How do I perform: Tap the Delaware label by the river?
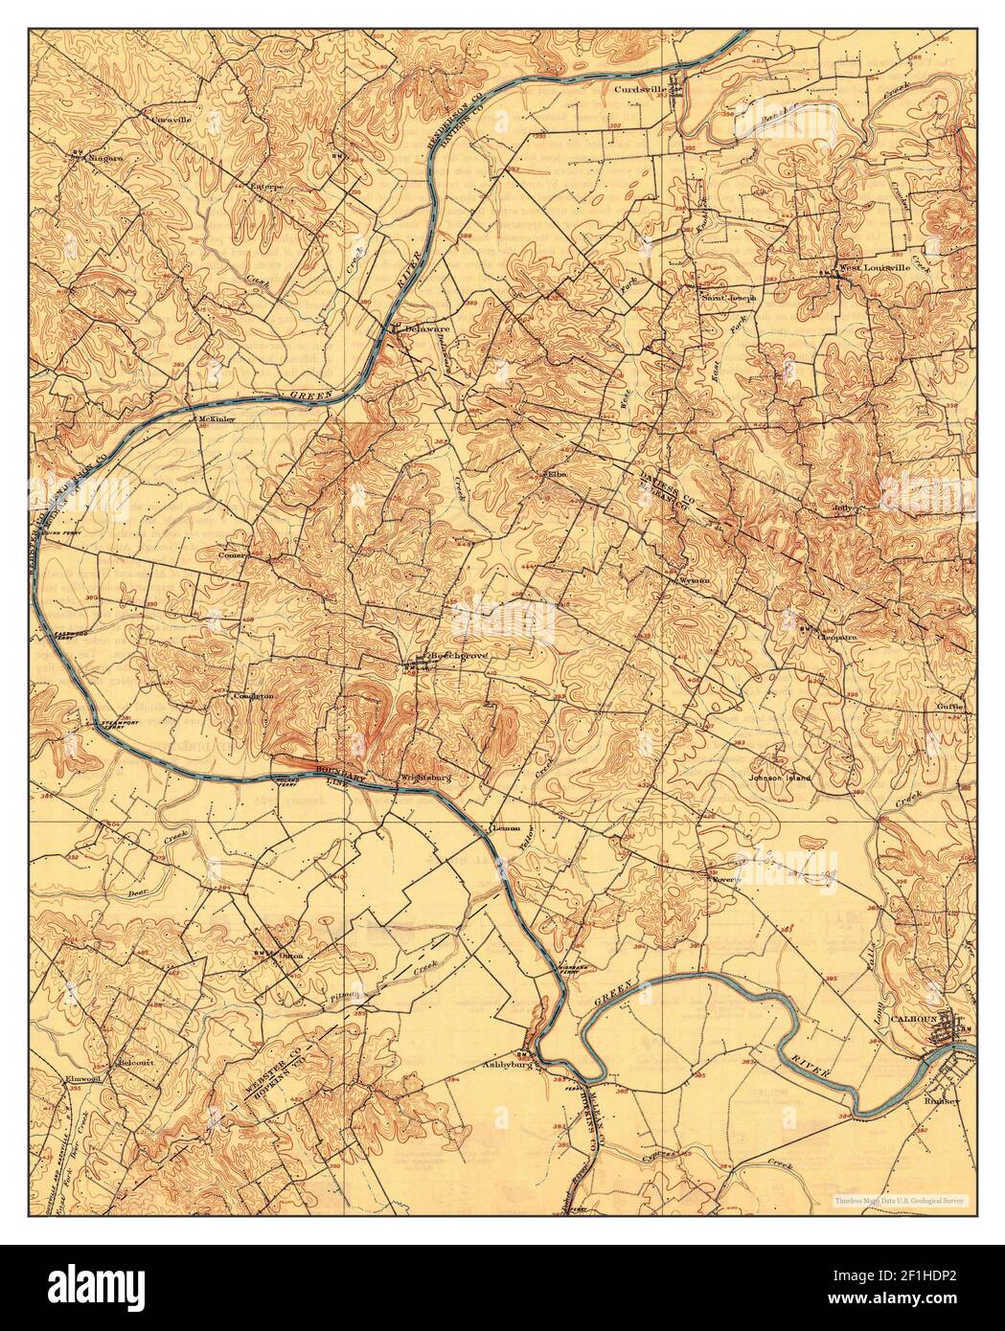tap(427, 327)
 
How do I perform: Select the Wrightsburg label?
tap(425, 777)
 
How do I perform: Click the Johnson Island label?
tap(779, 778)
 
